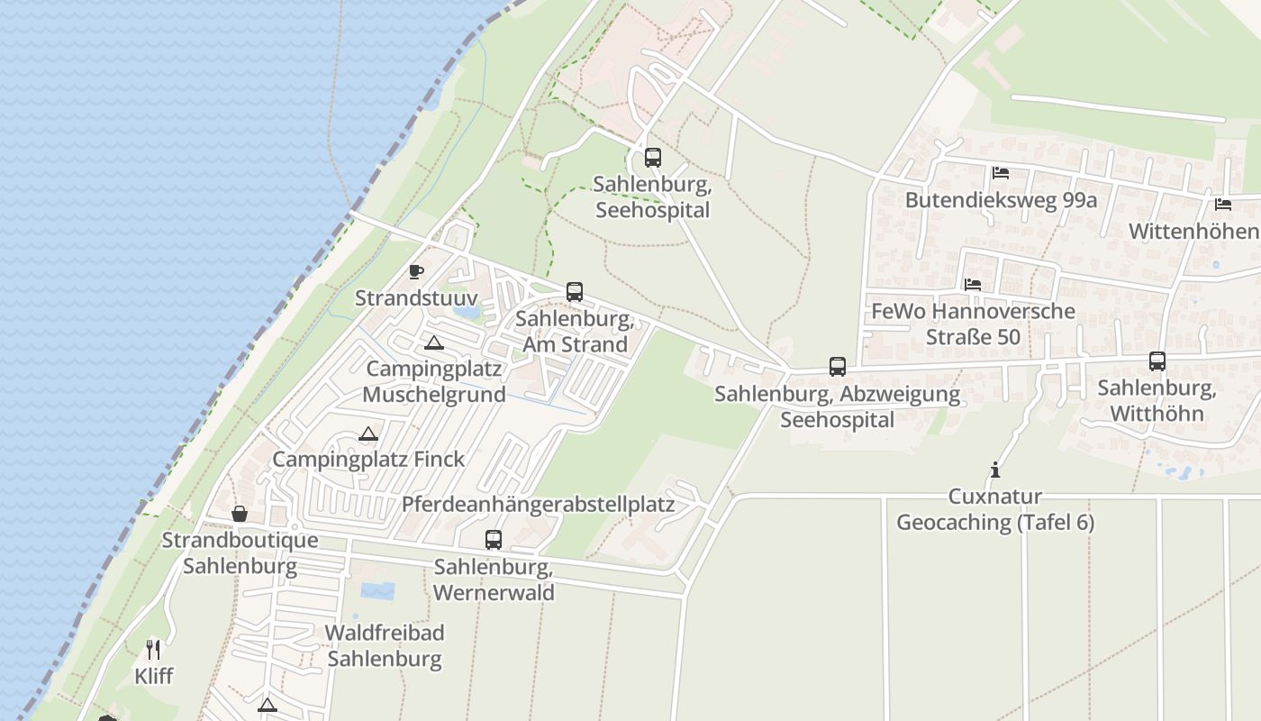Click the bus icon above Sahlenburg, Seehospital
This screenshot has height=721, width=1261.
pyautogui.click(x=653, y=158)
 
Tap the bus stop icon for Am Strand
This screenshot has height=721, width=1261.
pyautogui.click(x=575, y=292)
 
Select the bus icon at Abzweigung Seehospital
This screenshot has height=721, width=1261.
pyautogui.click(x=838, y=367)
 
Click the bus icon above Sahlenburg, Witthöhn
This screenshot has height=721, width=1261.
pyautogui.click(x=1157, y=361)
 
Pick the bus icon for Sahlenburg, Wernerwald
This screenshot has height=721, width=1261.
pyautogui.click(x=494, y=540)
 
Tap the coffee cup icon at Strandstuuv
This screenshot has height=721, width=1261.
pyautogui.click(x=416, y=271)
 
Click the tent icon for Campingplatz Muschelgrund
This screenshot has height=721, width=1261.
pyautogui.click(x=434, y=342)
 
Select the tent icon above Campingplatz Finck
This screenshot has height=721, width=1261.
pyautogui.click(x=367, y=434)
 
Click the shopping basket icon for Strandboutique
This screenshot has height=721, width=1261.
pyautogui.click(x=240, y=514)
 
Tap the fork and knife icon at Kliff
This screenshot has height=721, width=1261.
pyautogui.click(x=154, y=649)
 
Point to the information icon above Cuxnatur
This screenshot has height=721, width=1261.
pyautogui.click(x=995, y=470)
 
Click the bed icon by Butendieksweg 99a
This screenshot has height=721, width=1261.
pyautogui.click(x=1000, y=173)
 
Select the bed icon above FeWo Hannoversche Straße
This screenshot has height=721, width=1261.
pyautogui.click(x=973, y=285)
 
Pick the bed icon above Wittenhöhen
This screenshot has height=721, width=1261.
pyautogui.click(x=1222, y=205)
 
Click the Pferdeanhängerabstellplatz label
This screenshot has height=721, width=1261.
pyautogui.click(x=539, y=504)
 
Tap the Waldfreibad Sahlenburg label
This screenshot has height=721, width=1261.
pyautogui.click(x=385, y=645)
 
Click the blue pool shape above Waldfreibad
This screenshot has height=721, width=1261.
pyautogui.click(x=377, y=591)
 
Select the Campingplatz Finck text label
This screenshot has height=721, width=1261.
pyautogui.click(x=369, y=459)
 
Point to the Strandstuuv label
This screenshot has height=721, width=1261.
pyautogui.click(x=416, y=297)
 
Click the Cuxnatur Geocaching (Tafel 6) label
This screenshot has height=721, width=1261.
pyautogui.click(x=995, y=509)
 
